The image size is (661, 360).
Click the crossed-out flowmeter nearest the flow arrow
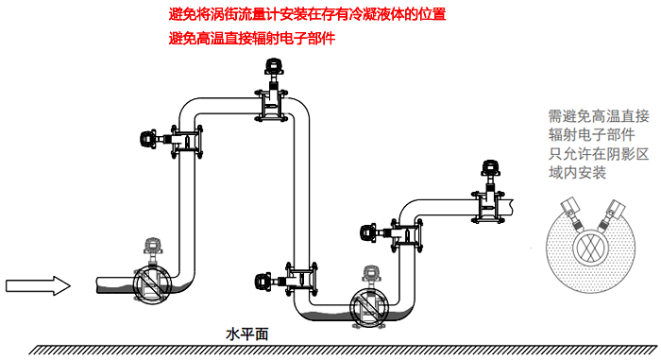[150, 283]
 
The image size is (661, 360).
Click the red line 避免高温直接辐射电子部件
[251, 39]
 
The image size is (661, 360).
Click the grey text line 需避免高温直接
[598, 116]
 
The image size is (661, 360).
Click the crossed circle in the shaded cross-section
[590, 245]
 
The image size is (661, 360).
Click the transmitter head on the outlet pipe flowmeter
[491, 168]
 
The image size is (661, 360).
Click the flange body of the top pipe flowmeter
[274, 105]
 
